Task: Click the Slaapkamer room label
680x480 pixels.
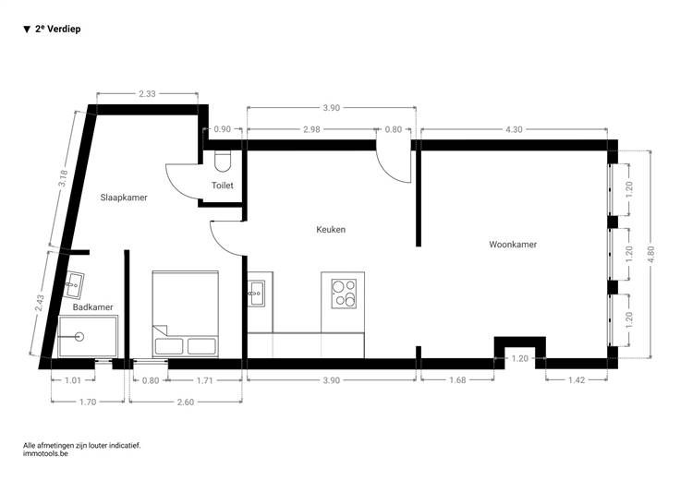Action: tap(124, 198)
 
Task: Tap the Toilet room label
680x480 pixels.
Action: tap(223, 186)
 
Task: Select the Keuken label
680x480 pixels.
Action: tap(331, 230)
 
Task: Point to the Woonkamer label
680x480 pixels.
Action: tap(513, 245)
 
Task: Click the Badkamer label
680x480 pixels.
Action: tap(92, 307)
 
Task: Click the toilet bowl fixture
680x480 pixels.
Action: tap(223, 161)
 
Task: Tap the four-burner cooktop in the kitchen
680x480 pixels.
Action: tap(344, 294)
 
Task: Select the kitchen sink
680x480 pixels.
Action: tap(256, 294)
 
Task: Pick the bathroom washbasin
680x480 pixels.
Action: tap(74, 284)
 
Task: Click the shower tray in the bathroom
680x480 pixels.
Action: tap(88, 337)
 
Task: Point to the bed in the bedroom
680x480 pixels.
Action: tap(185, 314)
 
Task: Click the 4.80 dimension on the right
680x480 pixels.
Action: tap(650, 254)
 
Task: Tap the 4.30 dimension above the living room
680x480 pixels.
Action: tap(514, 129)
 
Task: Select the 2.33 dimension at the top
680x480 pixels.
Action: tap(147, 93)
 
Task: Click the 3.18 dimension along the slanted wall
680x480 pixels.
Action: tap(64, 178)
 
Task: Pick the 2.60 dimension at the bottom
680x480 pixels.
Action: tap(186, 402)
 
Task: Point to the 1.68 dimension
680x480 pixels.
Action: tap(457, 380)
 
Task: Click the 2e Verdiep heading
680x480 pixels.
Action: tap(52, 29)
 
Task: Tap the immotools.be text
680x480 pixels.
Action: tap(45, 453)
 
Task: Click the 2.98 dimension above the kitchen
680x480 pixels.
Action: tap(311, 129)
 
